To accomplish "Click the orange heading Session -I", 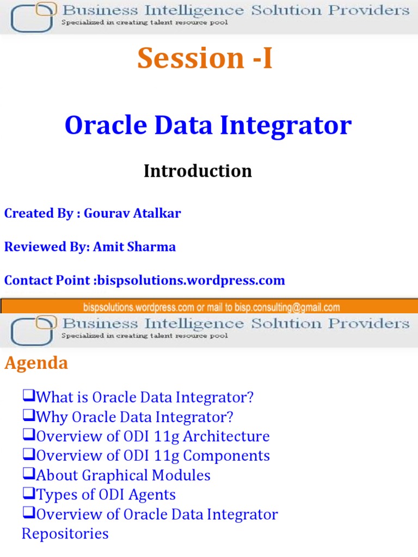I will click(x=205, y=58).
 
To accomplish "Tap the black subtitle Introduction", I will click(x=198, y=171).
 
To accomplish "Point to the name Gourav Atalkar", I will click(x=133, y=213).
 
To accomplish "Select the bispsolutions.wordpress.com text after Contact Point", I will click(x=189, y=281).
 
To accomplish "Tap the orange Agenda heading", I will click(x=36, y=363).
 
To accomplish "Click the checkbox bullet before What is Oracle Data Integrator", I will click(x=28, y=397).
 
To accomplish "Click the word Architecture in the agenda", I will click(x=236, y=436).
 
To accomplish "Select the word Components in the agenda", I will click(x=237, y=456).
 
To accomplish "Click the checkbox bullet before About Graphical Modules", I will click(x=28, y=474).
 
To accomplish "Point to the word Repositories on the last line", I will click(x=65, y=534).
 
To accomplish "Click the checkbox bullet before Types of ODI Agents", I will click(x=28, y=494).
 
